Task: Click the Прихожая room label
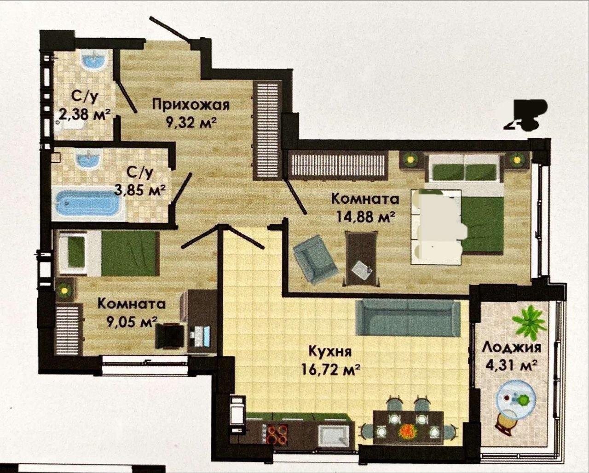(191, 105)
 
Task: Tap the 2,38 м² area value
(85, 115)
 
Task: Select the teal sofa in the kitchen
(408, 321)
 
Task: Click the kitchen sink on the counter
(334, 434)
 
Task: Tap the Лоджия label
(511, 348)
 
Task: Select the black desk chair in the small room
(169, 336)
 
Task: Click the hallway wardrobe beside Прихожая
(267, 131)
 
